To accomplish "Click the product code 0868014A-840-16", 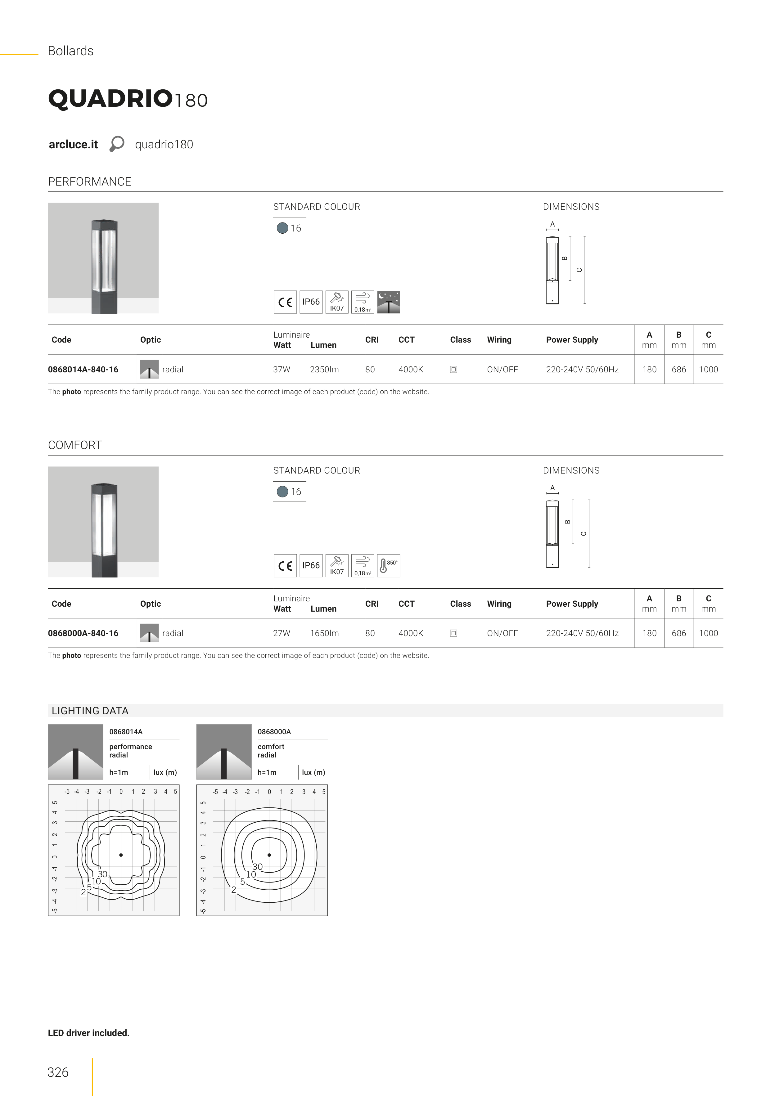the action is point(83,370).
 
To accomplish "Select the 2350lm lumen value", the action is point(324,370).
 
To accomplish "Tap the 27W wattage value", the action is point(282,633).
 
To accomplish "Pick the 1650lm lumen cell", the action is point(324,633).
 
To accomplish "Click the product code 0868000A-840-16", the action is point(83,633).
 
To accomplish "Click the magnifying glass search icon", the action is point(116,144).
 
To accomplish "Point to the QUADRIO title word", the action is point(110,99).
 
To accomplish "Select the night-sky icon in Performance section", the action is point(389,302).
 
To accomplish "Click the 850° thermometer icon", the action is point(389,566).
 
